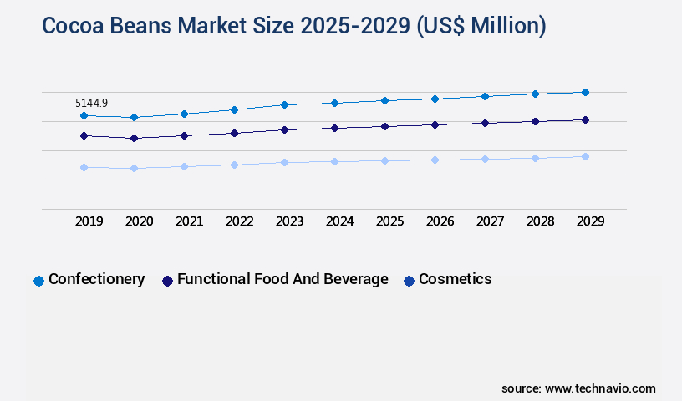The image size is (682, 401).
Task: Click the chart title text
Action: click(x=293, y=27)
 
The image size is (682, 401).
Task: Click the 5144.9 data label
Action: click(x=91, y=103)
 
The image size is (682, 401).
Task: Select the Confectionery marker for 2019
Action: click(x=84, y=115)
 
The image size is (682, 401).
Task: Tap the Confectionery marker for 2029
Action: click(x=585, y=92)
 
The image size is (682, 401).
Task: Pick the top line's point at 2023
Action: click(x=284, y=104)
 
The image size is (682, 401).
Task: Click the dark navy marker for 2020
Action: click(x=134, y=138)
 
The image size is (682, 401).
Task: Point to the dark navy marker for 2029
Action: click(x=585, y=119)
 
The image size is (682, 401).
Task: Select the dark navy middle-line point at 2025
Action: click(x=384, y=126)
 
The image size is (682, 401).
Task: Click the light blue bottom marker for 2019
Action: click(x=84, y=167)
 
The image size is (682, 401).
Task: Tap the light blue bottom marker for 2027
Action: click(x=485, y=159)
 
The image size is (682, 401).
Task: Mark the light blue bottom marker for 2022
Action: click(x=234, y=165)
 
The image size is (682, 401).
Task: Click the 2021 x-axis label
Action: click(x=189, y=221)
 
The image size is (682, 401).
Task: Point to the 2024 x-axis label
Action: click(x=339, y=221)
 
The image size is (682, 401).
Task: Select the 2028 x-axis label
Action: click(x=540, y=221)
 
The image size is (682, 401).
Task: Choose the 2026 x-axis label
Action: click(x=440, y=221)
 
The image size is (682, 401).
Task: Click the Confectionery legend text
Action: click(x=96, y=279)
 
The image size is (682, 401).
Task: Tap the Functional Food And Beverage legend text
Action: click(x=282, y=279)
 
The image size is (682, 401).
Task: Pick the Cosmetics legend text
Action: click(x=455, y=279)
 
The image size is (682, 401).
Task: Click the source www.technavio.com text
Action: click(x=578, y=388)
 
